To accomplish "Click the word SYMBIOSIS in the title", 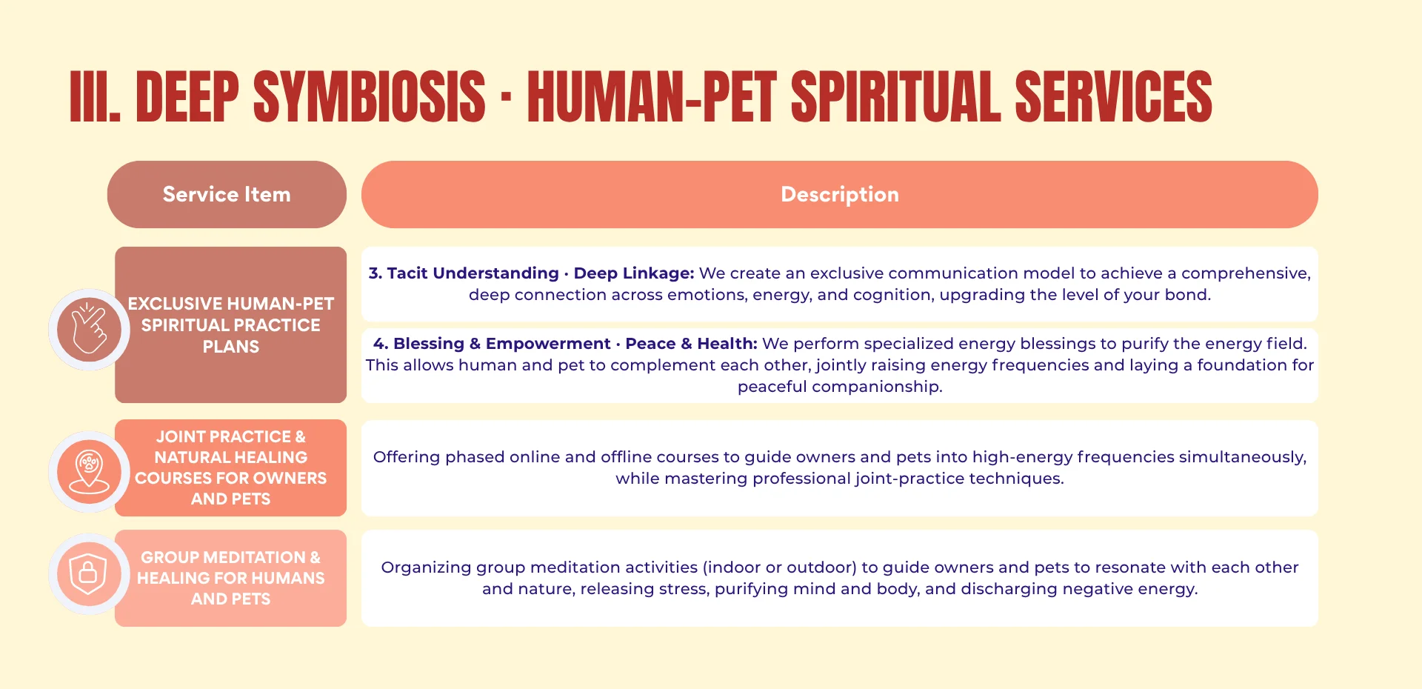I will click(x=369, y=97).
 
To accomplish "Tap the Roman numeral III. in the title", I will click(x=95, y=97).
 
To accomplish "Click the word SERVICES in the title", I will click(x=1112, y=97).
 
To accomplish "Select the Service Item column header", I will click(x=227, y=194).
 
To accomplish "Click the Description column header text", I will click(x=839, y=194).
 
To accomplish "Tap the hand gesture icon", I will click(x=90, y=330).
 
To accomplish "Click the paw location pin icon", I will click(x=90, y=472).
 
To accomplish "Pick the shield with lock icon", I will click(x=90, y=573).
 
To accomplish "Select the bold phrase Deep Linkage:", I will click(x=634, y=273).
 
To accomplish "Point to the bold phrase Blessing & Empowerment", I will click(x=501, y=344).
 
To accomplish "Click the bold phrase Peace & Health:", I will click(x=691, y=344).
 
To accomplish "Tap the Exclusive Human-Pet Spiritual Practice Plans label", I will click(x=230, y=325).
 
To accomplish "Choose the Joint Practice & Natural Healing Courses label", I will click(x=230, y=467).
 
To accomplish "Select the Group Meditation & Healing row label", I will click(x=230, y=578).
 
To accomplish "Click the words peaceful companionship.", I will click(x=839, y=387).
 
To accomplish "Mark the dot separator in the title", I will click(x=506, y=98).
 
